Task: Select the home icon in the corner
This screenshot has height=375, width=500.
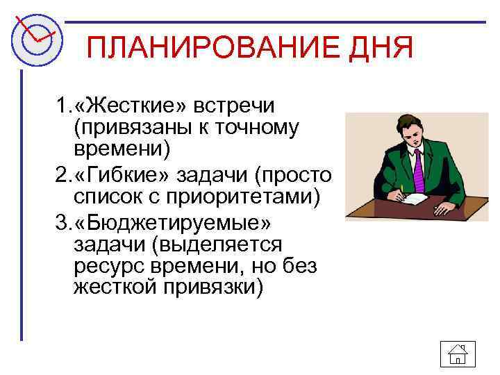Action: point(457,355)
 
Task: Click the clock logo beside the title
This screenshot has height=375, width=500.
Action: point(36,38)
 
